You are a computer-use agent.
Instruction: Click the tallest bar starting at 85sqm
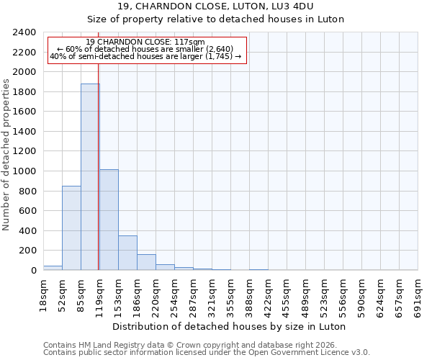click(90, 177)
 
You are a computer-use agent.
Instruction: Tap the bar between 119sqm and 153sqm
click(109, 220)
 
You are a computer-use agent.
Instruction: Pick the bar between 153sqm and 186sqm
click(127, 253)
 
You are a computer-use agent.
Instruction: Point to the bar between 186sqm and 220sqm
click(146, 262)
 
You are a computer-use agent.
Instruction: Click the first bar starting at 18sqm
click(53, 268)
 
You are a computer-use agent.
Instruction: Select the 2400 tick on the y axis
click(24, 33)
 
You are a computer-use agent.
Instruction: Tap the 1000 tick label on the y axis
click(24, 171)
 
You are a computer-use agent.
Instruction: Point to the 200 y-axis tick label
click(27, 251)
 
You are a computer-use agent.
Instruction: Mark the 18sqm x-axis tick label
click(44, 293)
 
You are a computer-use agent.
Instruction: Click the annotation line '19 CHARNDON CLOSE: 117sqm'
click(145, 42)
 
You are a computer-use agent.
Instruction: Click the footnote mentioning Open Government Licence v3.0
click(207, 353)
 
